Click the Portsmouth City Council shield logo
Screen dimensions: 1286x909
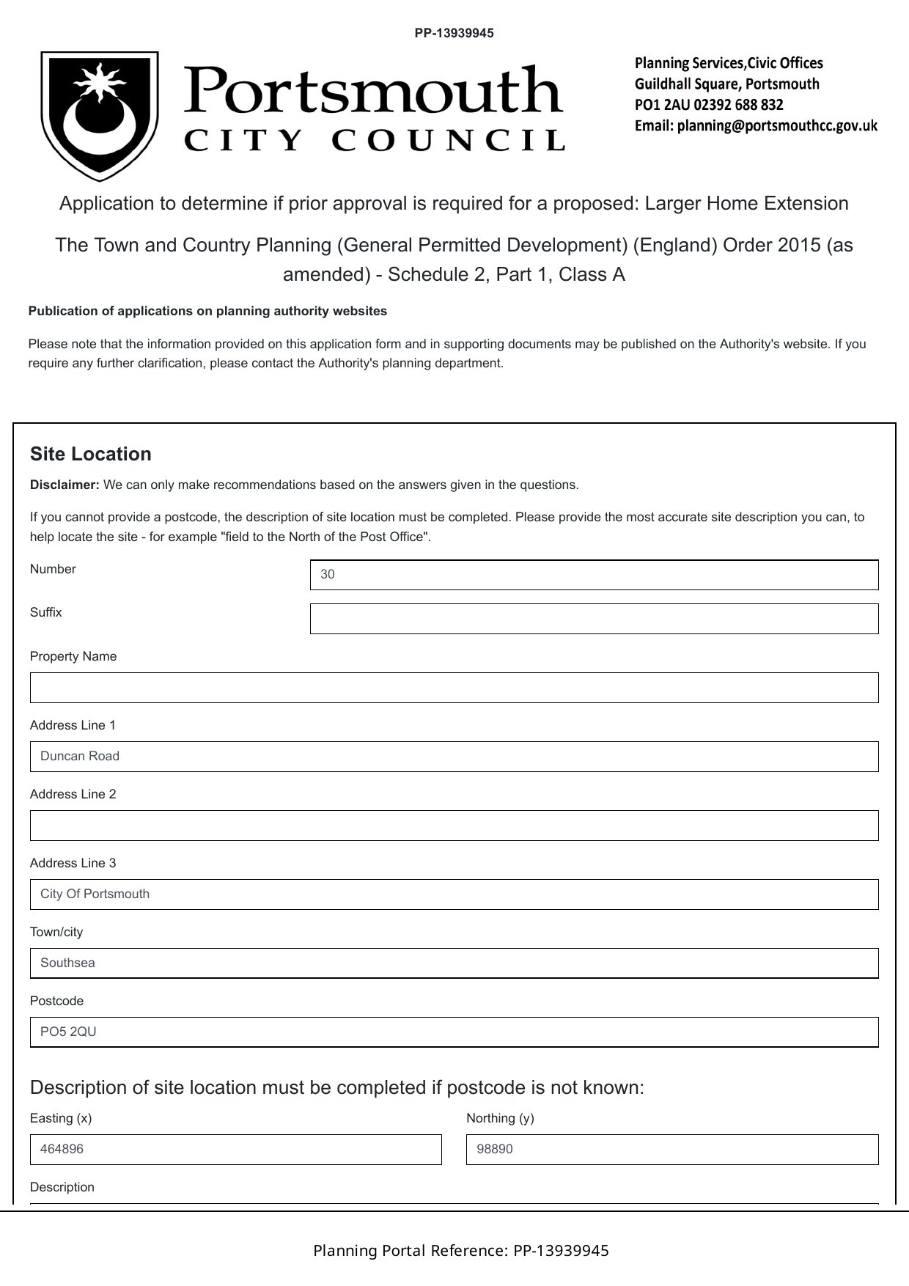[x=99, y=116]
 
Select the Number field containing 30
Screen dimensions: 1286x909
[x=594, y=575]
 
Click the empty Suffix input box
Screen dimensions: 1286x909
[x=594, y=619]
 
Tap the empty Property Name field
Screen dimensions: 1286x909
[x=454, y=688]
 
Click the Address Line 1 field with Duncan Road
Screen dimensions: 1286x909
[x=454, y=757]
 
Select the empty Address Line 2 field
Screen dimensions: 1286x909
[x=454, y=826]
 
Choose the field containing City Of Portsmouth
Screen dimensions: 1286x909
[x=454, y=894]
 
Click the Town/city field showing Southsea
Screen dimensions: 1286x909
[x=454, y=963]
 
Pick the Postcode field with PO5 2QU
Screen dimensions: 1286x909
[x=454, y=1032]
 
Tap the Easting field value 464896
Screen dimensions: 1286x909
[x=235, y=1150]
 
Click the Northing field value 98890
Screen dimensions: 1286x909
[x=671, y=1150]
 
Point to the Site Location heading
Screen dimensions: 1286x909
[x=91, y=455]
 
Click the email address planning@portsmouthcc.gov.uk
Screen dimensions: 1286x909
[x=777, y=125]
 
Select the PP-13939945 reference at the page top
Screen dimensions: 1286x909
[x=454, y=33]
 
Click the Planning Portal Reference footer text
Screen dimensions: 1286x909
[x=460, y=1251]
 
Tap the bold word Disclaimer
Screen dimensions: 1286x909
[x=65, y=485]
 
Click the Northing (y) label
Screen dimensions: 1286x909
[x=500, y=1118]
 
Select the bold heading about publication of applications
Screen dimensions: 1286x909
[x=207, y=311]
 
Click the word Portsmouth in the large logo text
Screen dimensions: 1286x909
[x=373, y=91]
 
